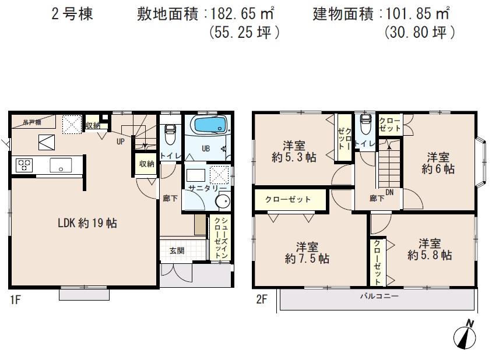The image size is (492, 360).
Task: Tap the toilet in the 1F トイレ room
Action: (x=170, y=135)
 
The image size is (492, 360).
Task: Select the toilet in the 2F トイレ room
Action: (x=366, y=124)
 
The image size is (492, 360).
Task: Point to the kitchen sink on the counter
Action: (x=60, y=165)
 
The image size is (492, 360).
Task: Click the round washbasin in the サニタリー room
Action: (x=222, y=201)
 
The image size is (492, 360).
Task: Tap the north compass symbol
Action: (x=466, y=335)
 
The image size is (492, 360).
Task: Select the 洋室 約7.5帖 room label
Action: (x=307, y=252)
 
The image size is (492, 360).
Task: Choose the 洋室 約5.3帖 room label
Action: (x=294, y=151)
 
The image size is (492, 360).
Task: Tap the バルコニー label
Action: (x=378, y=297)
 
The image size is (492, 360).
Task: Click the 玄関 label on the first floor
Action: (x=177, y=250)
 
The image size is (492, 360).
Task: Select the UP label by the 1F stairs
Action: (x=120, y=142)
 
